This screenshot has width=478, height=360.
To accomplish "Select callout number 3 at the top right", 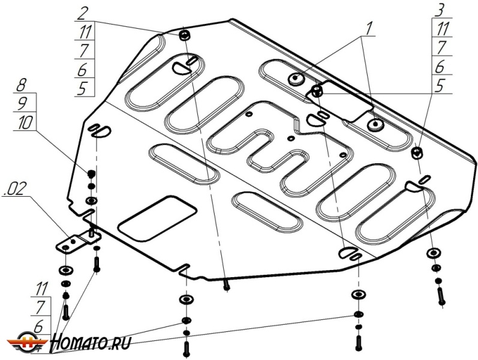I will [x=440, y=10].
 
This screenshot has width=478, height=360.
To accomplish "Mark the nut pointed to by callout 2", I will [x=184, y=34].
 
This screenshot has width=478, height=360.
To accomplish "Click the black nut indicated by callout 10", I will [x=91, y=173].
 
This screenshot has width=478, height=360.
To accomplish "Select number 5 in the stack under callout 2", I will [x=83, y=88].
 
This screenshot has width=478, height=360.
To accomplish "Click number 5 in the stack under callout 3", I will [x=440, y=86].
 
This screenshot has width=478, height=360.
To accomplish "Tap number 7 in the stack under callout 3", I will [x=440, y=47].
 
